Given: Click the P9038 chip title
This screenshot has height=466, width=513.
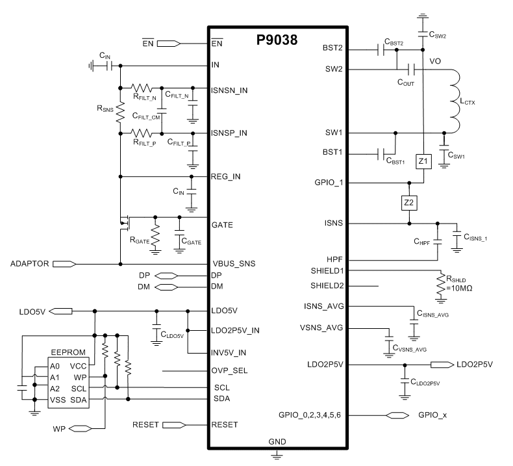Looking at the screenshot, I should [x=277, y=41].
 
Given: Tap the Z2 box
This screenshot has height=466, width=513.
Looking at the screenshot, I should [x=408, y=203].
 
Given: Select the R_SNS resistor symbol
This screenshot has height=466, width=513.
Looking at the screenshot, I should [x=120, y=111].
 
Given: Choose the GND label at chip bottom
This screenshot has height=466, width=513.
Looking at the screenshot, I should [x=277, y=441].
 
